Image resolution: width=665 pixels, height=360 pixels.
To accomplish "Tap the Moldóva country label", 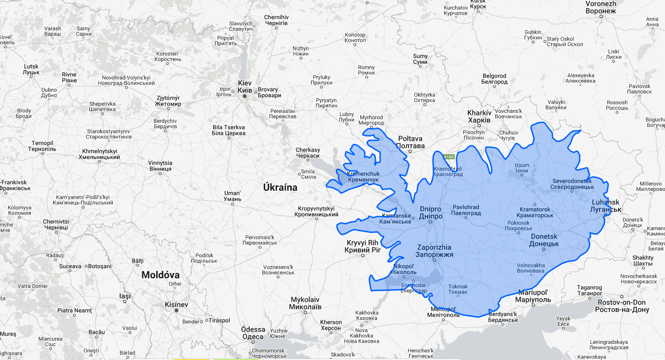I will tap(160, 275).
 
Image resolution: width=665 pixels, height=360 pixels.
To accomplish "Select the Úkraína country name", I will tap(280, 187).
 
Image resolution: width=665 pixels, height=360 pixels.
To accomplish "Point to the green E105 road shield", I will tap(448, 157).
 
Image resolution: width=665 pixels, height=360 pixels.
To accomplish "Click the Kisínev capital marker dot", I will tap(177, 310).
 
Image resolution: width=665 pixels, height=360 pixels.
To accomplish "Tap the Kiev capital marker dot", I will tap(245, 96).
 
